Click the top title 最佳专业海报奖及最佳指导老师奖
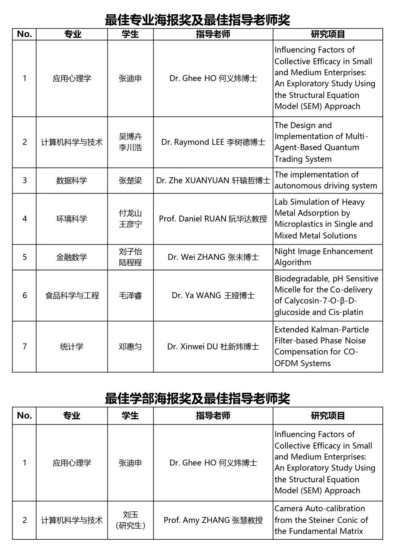[x=197, y=19]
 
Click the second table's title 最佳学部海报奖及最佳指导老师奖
[x=197, y=398]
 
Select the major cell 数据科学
[x=71, y=180]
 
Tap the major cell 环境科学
[x=71, y=219]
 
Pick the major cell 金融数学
[x=71, y=257]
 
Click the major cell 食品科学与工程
[x=72, y=296]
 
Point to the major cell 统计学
[x=71, y=347]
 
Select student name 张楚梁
[x=130, y=180]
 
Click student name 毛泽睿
[x=130, y=296]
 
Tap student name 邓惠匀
[x=130, y=347]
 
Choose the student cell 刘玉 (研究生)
[x=130, y=520]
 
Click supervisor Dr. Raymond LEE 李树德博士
[x=213, y=142]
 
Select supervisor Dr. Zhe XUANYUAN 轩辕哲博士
[x=213, y=180]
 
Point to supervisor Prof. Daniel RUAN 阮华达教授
[x=213, y=219]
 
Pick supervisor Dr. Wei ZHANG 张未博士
[x=213, y=257]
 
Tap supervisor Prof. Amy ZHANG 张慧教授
[x=213, y=520]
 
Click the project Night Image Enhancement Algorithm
[x=323, y=257]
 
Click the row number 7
[x=25, y=347]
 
